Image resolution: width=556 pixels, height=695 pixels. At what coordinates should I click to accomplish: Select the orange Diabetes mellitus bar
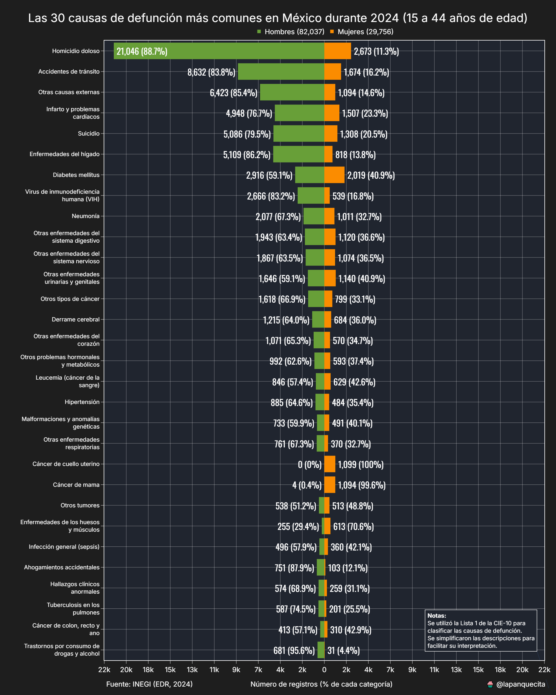tap(334, 175)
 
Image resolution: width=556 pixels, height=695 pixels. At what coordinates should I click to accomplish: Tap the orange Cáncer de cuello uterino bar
tap(330, 464)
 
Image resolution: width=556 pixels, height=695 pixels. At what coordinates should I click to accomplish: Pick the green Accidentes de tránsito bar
tap(281, 72)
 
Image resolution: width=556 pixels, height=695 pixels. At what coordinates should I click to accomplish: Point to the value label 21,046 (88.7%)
tap(142, 51)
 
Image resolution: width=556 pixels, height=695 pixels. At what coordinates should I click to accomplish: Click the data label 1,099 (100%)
tap(361, 464)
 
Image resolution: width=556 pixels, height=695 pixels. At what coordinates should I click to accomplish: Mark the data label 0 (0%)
tap(310, 464)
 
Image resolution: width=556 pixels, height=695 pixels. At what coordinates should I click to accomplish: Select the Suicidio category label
tap(89, 133)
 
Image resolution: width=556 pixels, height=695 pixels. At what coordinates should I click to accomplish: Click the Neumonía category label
tap(85, 216)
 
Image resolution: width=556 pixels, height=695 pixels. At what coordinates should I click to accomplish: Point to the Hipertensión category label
tap(82, 402)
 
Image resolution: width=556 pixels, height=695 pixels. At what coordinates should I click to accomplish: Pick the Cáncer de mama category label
tap(76, 484)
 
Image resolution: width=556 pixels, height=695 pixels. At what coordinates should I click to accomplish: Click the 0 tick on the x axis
tap(324, 670)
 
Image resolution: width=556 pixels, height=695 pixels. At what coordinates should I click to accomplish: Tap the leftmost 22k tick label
tap(104, 670)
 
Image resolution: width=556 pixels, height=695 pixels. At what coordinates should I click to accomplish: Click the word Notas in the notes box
tap(436, 615)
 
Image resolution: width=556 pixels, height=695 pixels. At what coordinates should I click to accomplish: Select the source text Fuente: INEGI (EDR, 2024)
tap(149, 684)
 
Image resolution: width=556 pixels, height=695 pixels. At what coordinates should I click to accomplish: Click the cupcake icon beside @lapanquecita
tap(490, 684)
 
